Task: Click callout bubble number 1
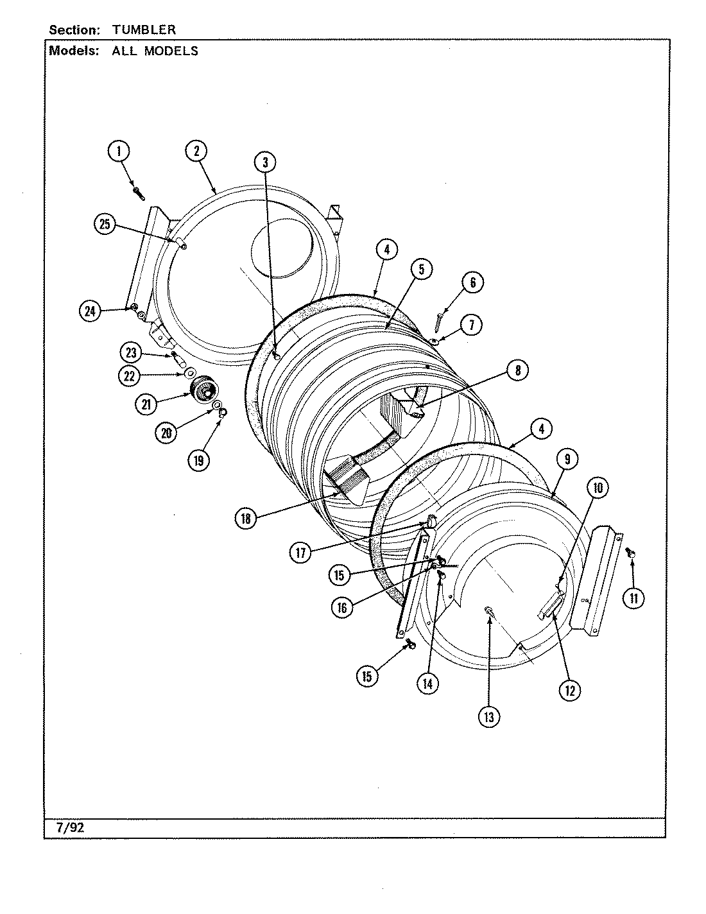click(118, 151)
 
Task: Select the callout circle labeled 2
click(196, 151)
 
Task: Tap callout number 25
click(105, 224)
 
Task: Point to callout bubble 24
click(90, 311)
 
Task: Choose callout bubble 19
click(199, 460)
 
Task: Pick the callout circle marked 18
click(246, 519)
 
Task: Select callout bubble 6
click(472, 282)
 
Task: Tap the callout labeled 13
click(489, 718)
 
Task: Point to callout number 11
click(634, 599)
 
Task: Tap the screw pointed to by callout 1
click(138, 191)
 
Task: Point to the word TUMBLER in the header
click(144, 30)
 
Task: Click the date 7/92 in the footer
click(71, 828)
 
